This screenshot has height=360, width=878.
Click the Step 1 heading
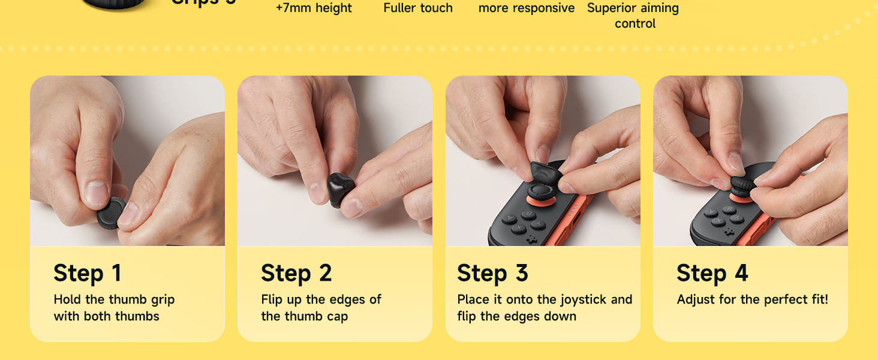[x=88, y=274]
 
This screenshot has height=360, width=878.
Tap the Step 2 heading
[x=296, y=274]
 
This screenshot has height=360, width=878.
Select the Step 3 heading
[x=492, y=274]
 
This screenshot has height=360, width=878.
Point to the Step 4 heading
[x=712, y=274]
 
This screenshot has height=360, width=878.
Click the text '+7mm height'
[x=314, y=8]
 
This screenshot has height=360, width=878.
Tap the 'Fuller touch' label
[x=418, y=8]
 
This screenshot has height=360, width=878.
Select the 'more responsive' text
[x=527, y=8]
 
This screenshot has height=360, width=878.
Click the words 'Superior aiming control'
[x=633, y=16]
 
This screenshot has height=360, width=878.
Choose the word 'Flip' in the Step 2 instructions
[x=273, y=299]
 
